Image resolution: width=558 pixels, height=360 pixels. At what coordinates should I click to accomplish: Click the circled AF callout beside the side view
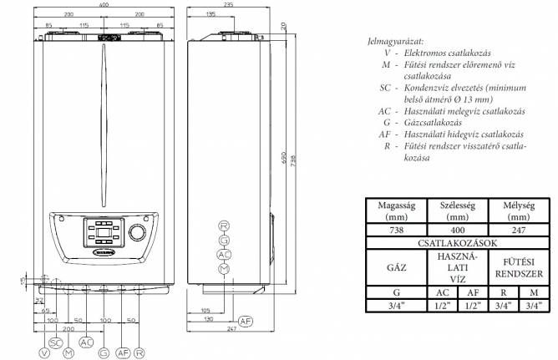point(245,321)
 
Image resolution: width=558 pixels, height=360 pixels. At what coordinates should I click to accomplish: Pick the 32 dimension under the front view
point(38,298)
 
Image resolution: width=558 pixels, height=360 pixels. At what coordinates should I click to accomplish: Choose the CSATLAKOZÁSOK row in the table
point(454,242)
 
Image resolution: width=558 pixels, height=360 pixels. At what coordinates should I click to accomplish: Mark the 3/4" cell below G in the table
point(397,306)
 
